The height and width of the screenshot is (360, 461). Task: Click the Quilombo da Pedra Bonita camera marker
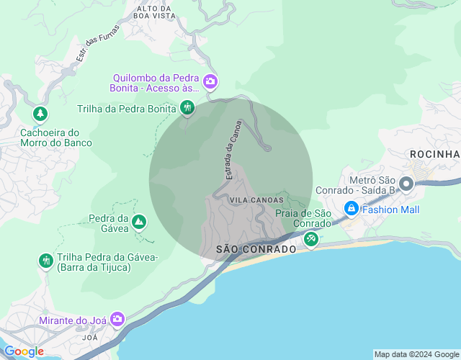[x=210, y=81]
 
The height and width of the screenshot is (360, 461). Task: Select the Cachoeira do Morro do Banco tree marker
[x=41, y=114]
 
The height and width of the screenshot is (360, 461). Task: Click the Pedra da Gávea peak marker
[x=139, y=222]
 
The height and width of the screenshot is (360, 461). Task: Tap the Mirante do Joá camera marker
[x=117, y=318]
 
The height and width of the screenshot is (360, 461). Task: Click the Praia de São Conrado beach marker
[x=310, y=238]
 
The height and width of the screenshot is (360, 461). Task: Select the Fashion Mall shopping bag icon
[x=351, y=210]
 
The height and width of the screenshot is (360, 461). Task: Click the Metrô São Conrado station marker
[x=406, y=184]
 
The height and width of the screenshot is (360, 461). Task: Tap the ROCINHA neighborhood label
[x=434, y=154]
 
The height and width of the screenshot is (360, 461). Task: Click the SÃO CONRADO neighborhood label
[x=256, y=249]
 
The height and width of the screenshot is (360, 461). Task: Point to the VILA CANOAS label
[x=252, y=199]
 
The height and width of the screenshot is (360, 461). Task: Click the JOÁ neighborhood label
[x=90, y=337]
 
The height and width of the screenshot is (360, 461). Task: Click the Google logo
[x=24, y=351]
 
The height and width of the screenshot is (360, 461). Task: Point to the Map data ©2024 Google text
[x=416, y=354]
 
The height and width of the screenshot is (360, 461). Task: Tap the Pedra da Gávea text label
[x=108, y=223]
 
